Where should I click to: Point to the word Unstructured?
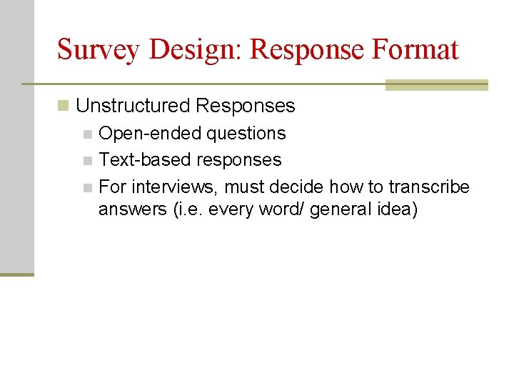click(133, 106)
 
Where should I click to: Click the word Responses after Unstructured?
click(245, 106)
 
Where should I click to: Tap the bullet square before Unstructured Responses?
click(64, 107)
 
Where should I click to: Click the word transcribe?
click(429, 187)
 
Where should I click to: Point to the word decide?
click(300, 187)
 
